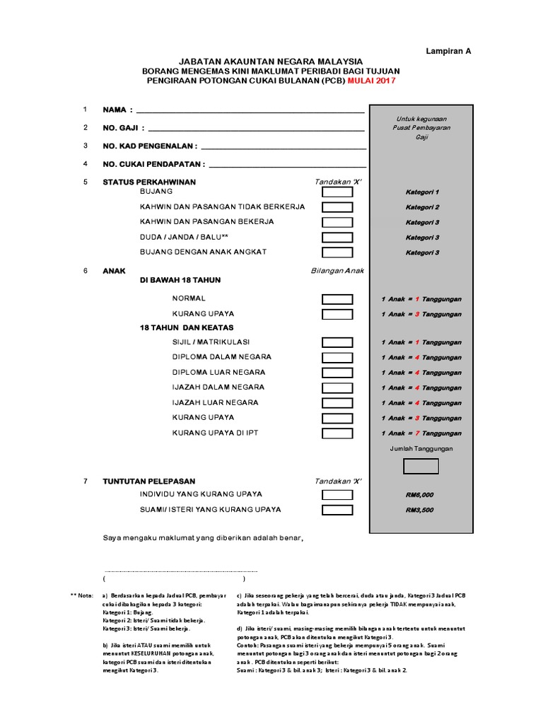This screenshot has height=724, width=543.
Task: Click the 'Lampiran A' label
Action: point(448,51)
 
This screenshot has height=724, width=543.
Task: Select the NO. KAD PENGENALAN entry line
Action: point(284,146)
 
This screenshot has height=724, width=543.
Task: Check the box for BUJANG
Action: point(337,192)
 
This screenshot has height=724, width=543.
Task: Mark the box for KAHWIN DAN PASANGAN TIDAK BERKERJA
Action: point(337,207)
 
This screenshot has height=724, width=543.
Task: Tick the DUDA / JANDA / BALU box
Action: point(337,238)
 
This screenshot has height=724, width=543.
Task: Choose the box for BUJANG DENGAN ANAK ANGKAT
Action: point(337,252)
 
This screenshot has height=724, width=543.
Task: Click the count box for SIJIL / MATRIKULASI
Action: point(337,342)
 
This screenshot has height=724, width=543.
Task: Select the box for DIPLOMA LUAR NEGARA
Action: point(337,373)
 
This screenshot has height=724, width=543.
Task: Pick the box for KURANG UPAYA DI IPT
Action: point(337,433)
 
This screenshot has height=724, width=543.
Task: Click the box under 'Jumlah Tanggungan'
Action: point(421,467)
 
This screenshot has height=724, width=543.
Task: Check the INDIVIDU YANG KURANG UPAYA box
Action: point(337,494)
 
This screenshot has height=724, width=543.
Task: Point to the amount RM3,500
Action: point(420,510)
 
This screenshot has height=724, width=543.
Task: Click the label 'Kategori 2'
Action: point(422,207)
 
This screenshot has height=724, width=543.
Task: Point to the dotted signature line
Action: point(180,570)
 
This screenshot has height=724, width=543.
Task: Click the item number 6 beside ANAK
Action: point(85,270)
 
